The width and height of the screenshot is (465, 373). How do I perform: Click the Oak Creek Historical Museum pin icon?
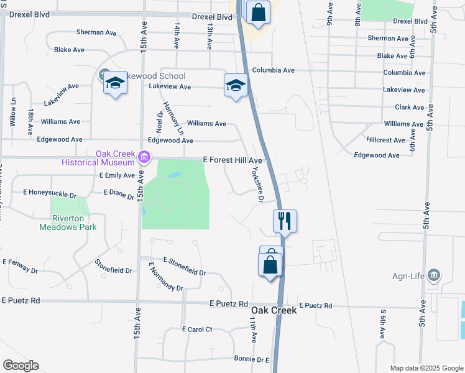145,157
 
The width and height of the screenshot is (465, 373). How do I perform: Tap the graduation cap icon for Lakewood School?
115,83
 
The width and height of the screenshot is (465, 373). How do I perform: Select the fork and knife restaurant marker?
285,220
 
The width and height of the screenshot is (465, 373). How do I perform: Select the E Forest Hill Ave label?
233,160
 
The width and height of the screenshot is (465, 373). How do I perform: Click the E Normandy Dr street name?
165,277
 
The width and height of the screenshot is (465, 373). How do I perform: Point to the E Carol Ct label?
197,329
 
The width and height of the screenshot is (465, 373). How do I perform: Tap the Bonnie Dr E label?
252,359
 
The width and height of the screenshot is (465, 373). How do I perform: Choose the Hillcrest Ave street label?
386,140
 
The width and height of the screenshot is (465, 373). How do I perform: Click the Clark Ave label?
410,108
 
